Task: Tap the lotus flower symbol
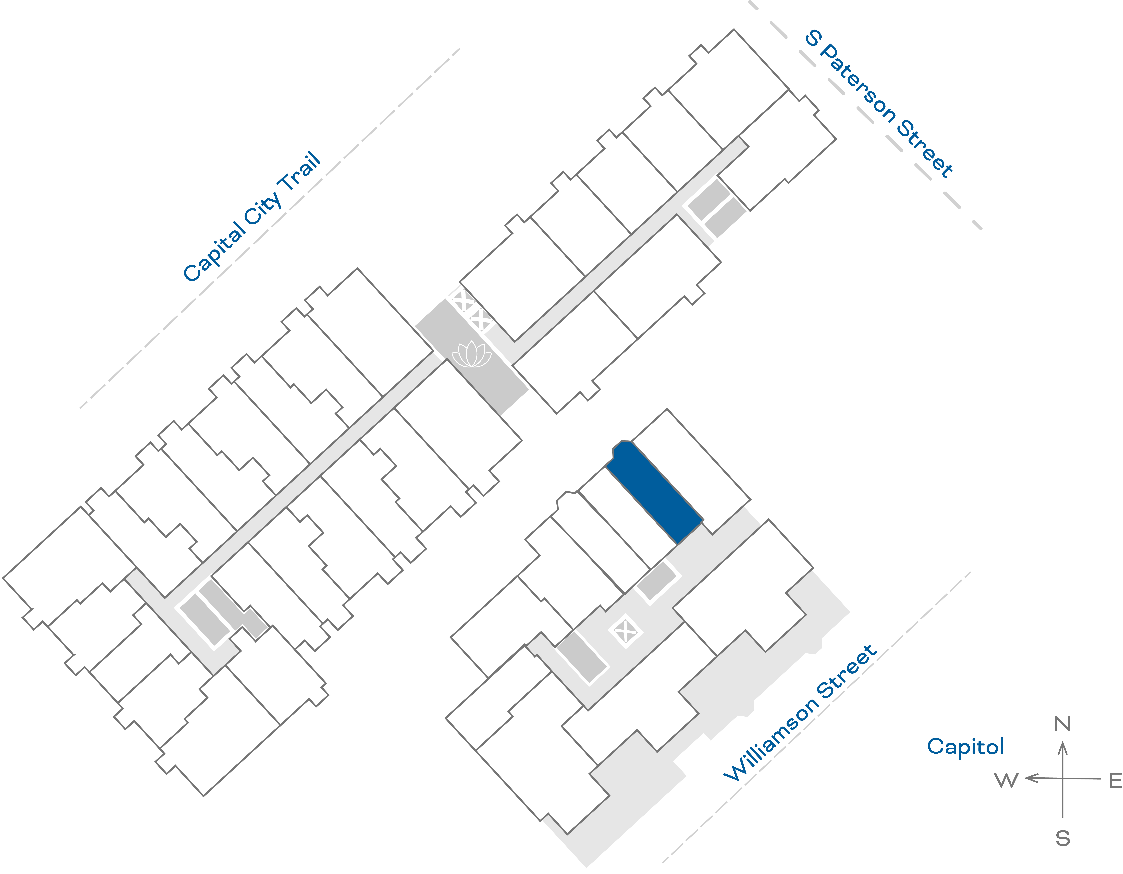471,355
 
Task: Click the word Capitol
965,746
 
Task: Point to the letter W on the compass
1006,780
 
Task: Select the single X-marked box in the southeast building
625,631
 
